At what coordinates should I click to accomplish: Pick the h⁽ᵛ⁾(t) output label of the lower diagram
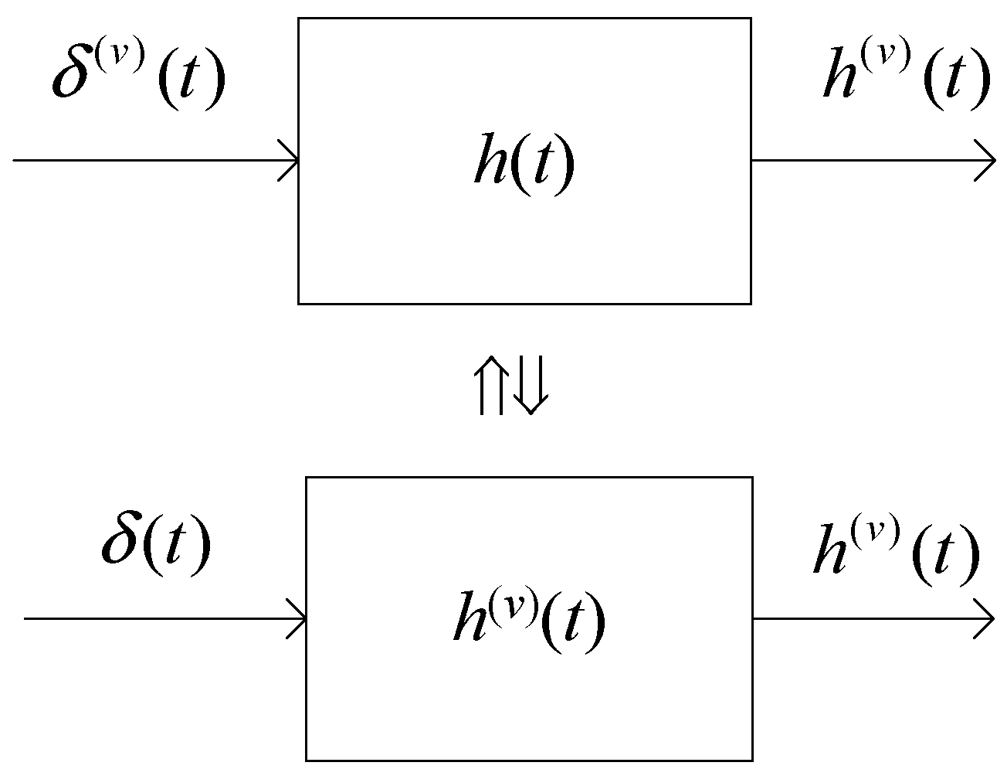pos(897,553)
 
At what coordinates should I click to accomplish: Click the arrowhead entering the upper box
pos(290,161)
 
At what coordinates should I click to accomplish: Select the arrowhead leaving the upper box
pos(987,161)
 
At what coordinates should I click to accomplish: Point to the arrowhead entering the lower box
pos(298,619)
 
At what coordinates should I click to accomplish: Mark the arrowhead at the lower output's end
pos(985,619)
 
